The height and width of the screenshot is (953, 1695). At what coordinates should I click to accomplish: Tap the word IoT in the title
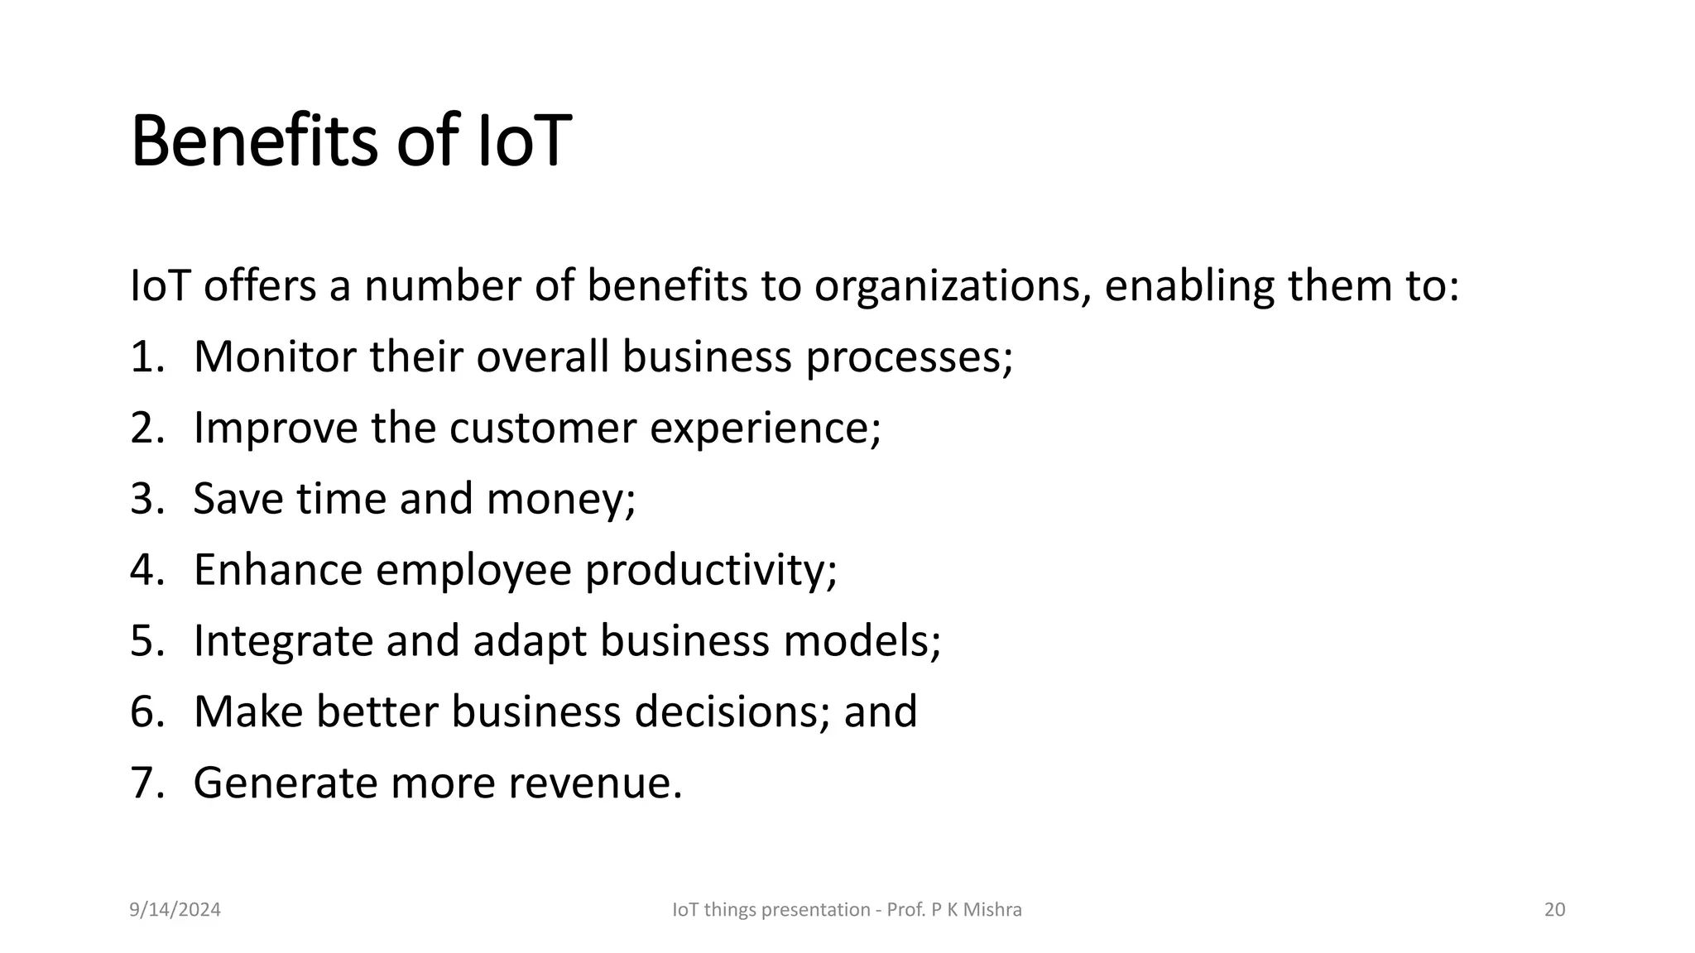pyautogui.click(x=525, y=141)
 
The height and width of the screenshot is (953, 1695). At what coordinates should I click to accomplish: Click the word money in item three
pyautogui.click(x=559, y=500)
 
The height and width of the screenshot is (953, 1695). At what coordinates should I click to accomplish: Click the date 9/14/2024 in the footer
pyautogui.click(x=175, y=910)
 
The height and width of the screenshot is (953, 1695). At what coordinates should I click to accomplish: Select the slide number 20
pyautogui.click(x=1554, y=910)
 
